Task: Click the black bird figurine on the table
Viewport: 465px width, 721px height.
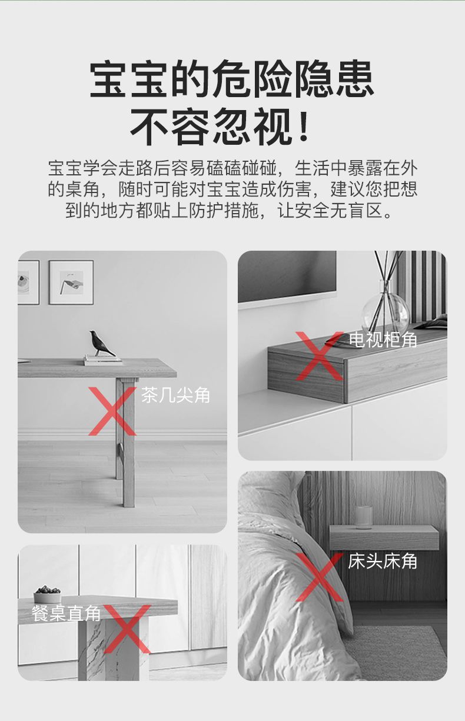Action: point(101,343)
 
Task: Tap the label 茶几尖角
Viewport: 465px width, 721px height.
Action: point(175,396)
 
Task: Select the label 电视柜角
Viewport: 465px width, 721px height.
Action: point(383,340)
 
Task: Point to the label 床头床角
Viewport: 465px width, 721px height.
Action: point(382,561)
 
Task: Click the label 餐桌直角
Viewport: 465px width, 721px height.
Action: point(66,613)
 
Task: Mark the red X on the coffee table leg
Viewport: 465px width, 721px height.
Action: point(112,411)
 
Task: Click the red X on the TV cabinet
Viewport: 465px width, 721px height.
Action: point(320,356)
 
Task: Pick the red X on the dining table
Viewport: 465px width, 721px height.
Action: point(127,629)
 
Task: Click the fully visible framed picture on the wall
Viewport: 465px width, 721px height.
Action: point(71,283)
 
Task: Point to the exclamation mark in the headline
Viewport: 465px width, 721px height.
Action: point(303,126)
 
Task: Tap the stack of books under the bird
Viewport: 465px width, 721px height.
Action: point(102,360)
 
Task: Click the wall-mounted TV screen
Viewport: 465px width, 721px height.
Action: point(287,277)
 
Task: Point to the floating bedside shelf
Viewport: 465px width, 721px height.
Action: point(384,538)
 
